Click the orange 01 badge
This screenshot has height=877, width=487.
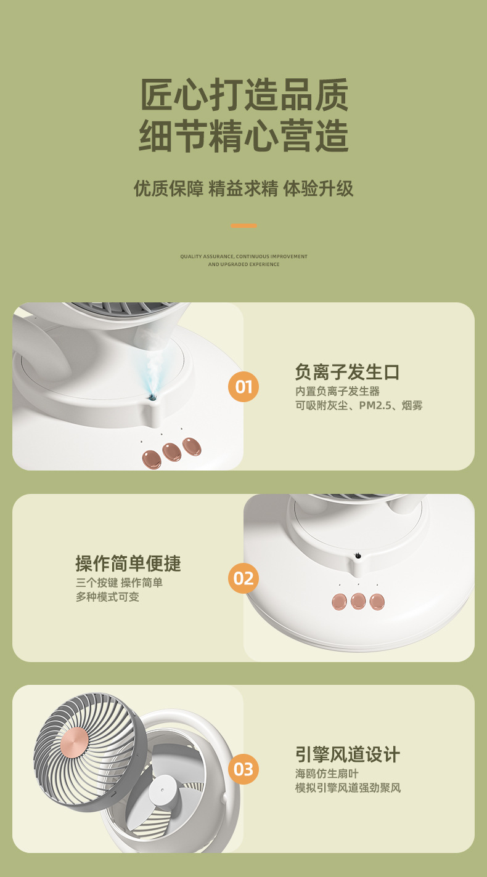tap(243, 387)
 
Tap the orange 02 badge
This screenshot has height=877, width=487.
tap(243, 578)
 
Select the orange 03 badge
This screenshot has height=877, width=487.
tap(243, 769)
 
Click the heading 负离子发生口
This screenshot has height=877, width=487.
tap(347, 372)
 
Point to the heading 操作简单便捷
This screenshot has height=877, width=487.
tap(128, 563)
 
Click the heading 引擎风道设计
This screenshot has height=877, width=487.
tap(347, 754)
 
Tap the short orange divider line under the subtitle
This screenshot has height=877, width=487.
tap(243, 225)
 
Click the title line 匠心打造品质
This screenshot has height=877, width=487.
tap(243, 95)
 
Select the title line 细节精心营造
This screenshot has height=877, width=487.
tap(243, 136)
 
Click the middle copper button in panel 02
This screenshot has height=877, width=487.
tap(358, 601)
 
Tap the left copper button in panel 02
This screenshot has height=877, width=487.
tap(339, 601)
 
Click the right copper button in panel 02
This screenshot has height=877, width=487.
tap(377, 601)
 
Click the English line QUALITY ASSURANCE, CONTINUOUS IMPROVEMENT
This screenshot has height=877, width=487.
tap(243, 256)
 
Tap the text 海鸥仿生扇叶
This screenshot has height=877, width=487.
tap(326, 773)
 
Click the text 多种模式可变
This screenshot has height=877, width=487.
tap(107, 597)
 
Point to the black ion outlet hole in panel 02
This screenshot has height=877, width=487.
tap(357, 557)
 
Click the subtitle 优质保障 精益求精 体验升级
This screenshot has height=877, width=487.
tap(243, 188)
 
